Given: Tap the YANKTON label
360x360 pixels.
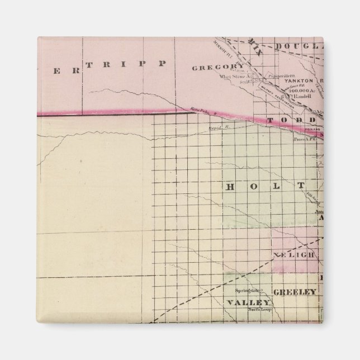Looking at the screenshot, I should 299,80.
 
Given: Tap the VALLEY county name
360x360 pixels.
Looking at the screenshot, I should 245,302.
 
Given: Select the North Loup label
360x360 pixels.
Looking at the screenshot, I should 259,309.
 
